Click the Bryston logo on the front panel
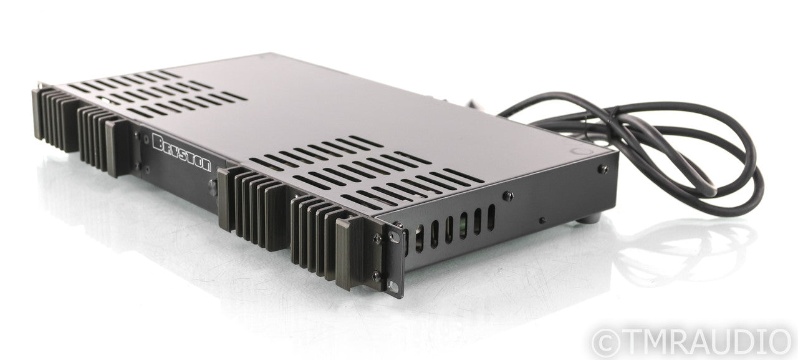point(181,153)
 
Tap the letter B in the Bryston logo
point(158,142)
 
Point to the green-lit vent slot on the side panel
point(463,225)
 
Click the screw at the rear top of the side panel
point(603,169)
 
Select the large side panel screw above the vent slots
point(508,196)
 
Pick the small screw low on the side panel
point(542,220)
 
